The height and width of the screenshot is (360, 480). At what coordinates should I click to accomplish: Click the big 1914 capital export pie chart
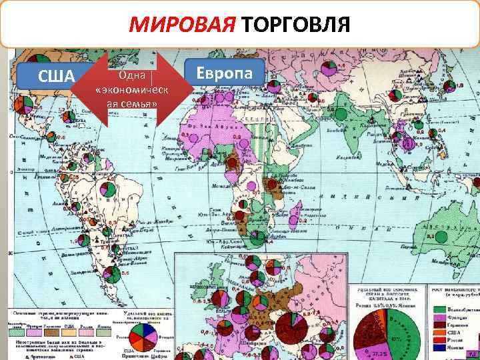point(383,327)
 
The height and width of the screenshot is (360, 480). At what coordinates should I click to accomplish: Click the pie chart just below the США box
point(24,105)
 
